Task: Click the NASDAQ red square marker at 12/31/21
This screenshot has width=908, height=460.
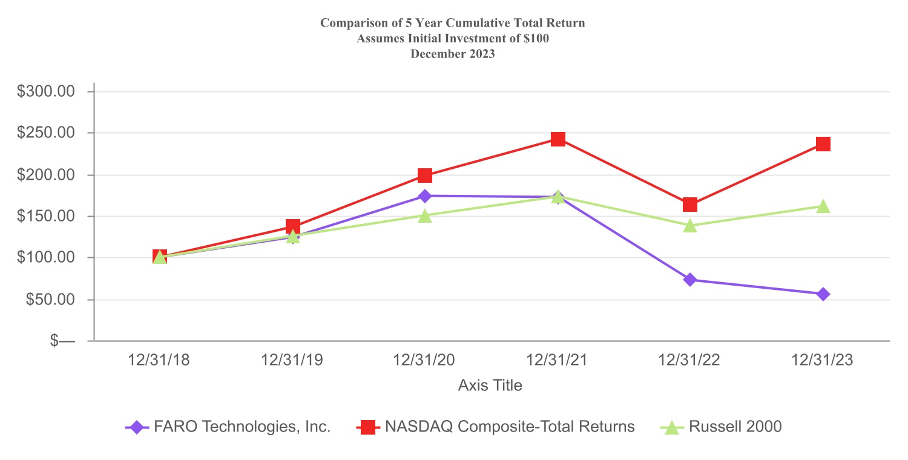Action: (x=558, y=139)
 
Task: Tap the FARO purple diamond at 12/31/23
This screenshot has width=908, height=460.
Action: (x=823, y=294)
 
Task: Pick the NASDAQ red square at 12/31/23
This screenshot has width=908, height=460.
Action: (x=823, y=144)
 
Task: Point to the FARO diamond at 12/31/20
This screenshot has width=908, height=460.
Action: (x=425, y=195)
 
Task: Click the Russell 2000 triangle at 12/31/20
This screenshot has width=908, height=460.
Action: (x=425, y=215)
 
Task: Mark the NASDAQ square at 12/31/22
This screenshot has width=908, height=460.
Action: (x=690, y=205)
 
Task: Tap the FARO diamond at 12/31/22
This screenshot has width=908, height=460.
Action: (x=690, y=280)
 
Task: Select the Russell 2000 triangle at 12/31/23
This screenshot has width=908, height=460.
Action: (x=823, y=207)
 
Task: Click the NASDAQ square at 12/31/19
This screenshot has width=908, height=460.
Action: (x=292, y=226)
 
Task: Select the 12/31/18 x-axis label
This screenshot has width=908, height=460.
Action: (x=159, y=360)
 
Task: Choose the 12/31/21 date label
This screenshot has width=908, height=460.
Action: (x=558, y=360)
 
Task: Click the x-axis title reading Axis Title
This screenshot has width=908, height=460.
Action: (x=490, y=385)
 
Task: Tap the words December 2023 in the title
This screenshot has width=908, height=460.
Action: (x=453, y=53)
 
